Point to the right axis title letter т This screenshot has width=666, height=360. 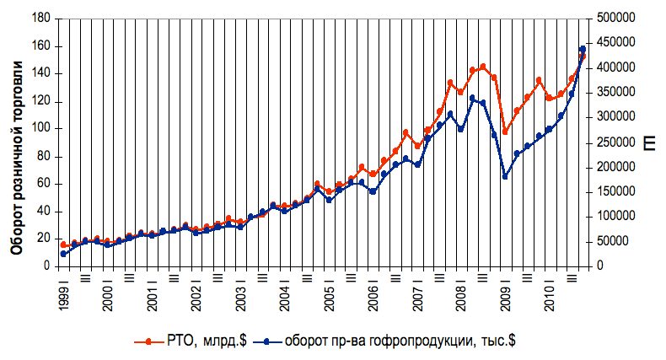tap(650, 143)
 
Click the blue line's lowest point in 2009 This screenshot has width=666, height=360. tap(505, 176)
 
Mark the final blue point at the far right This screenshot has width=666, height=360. tap(583, 50)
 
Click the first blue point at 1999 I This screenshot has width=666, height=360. tap(63, 254)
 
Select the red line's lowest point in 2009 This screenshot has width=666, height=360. tap(505, 132)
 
